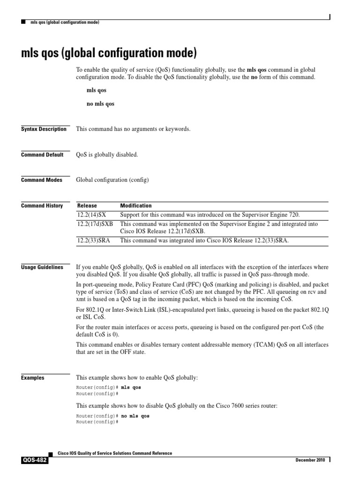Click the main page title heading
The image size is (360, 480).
coord(108,51)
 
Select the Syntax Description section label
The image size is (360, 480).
coord(44,129)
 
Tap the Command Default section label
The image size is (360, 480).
coord(42,155)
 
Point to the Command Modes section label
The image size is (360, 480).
coord(42,180)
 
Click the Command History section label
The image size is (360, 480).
coord(42,206)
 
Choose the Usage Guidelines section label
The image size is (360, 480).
coord(42,267)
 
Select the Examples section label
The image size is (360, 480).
coord(33,378)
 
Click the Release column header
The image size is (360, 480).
coord(87,206)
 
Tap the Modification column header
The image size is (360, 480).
coord(136,206)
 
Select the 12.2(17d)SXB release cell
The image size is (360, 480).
coord(95,224)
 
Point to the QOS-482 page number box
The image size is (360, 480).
coord(34,460)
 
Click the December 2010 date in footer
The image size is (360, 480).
coord(310,460)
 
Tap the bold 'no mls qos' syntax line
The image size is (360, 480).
coord(100,104)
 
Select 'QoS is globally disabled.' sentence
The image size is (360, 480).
coord(107,155)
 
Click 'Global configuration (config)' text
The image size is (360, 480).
coord(112,180)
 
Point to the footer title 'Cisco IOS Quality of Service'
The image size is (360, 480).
coord(114,453)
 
